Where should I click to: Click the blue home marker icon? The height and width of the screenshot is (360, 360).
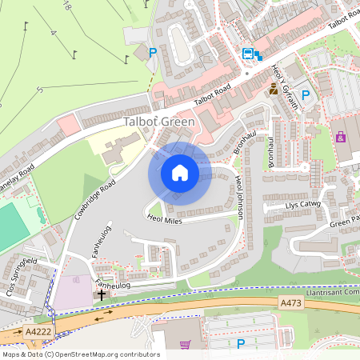click(180, 173)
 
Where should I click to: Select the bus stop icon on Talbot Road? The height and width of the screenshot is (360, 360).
click(249, 54)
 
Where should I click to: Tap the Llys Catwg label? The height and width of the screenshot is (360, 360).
click(302, 206)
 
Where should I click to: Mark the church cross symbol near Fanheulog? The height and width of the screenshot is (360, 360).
click(102, 294)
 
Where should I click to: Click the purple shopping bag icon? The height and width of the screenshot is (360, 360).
click(341, 137)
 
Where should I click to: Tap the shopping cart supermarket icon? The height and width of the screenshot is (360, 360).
click(186, 346)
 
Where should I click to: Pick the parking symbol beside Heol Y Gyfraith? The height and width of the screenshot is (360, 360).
click(305, 94)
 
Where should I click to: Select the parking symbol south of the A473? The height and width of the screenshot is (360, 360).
click(240, 344)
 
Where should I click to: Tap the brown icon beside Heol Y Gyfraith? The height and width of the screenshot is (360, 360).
click(274, 90)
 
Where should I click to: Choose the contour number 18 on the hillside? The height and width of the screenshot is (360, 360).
click(66, 6)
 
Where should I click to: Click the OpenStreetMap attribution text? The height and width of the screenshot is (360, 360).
click(80, 354)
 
